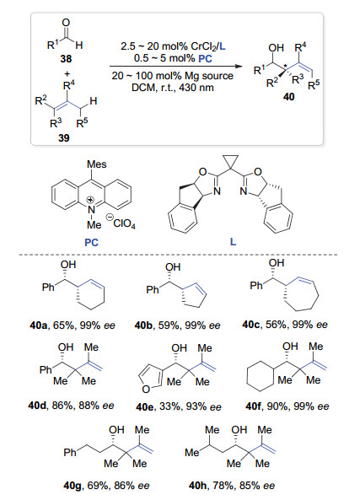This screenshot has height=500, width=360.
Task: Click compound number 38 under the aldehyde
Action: tap(66, 59)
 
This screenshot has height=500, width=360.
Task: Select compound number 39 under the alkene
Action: tap(64, 137)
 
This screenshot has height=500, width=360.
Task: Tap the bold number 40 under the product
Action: tap(289, 97)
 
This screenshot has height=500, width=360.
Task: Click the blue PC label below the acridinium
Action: tap(92, 243)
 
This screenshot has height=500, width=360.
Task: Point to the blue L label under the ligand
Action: tap(233, 242)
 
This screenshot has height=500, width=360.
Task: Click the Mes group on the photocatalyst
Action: tap(97, 164)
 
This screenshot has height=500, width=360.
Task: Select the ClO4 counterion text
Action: tap(124, 223)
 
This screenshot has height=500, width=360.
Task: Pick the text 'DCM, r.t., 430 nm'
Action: tap(173, 88)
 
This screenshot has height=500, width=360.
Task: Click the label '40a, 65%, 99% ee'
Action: tap(72, 325)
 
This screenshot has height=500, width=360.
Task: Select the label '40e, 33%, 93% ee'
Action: tap(179, 407)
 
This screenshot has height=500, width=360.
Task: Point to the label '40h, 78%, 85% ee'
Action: tap(232, 486)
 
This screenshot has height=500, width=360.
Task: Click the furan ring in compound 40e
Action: tap(151, 379)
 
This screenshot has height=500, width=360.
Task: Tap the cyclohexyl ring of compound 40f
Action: tap(261, 375)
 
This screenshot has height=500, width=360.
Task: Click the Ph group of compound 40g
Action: tap(70, 452)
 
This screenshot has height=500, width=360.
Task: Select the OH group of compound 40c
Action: tap(277, 263)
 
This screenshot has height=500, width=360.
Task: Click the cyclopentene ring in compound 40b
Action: tap(194, 296)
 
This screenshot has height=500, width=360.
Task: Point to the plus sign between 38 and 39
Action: tap(67, 74)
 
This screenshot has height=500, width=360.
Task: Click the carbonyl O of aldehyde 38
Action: tap(66, 23)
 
